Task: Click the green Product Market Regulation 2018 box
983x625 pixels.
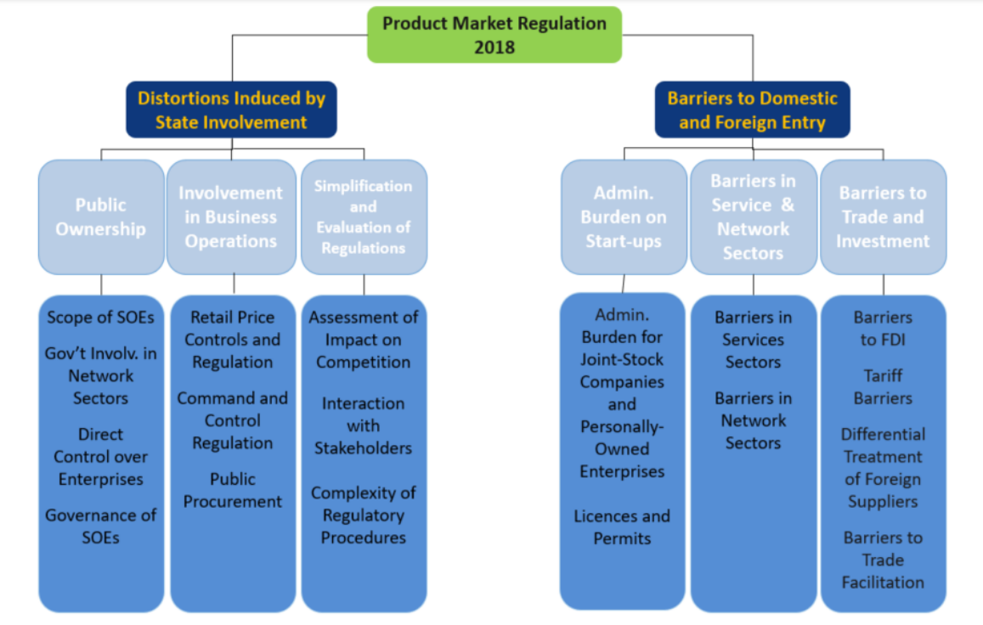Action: click(494, 35)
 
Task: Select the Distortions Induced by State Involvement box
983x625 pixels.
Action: click(231, 110)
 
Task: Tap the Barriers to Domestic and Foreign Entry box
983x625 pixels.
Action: click(752, 110)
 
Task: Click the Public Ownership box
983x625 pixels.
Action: click(101, 217)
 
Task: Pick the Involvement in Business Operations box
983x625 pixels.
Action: click(231, 217)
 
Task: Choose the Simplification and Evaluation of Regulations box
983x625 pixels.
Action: click(364, 217)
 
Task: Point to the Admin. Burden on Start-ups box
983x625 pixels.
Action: click(624, 217)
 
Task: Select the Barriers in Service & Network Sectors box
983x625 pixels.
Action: click(753, 217)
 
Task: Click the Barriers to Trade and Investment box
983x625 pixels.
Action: click(883, 217)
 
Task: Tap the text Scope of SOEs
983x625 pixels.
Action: click(101, 318)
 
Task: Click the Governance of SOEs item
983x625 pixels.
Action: click(101, 526)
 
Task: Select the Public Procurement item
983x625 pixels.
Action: click(233, 490)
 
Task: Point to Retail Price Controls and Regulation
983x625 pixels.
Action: click(233, 340)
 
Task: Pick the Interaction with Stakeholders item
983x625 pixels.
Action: click(364, 425)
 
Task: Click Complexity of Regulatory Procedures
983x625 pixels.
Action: click(364, 515)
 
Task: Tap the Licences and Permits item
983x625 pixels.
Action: click(622, 526)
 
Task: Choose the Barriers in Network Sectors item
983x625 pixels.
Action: click(753, 420)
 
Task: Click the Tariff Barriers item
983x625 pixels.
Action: click(883, 386)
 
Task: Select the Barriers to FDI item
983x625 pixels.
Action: click(883, 329)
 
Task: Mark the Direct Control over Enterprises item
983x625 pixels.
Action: click(101, 457)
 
